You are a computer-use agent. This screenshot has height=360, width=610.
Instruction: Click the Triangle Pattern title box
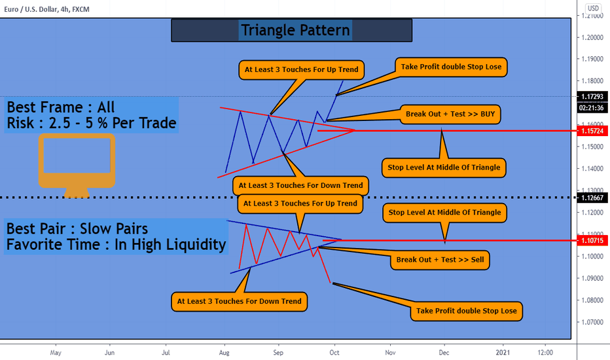[x=292, y=30]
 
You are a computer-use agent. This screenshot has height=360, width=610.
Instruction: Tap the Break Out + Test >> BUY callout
[x=450, y=115]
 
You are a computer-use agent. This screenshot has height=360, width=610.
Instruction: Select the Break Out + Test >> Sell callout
[x=440, y=260]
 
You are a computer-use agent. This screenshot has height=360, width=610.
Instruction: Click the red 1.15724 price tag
[x=592, y=131]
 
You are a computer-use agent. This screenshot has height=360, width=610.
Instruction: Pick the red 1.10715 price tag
[x=592, y=240]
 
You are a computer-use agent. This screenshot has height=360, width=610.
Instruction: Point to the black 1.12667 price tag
[x=592, y=198]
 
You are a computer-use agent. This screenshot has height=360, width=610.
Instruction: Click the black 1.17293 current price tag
[x=592, y=96]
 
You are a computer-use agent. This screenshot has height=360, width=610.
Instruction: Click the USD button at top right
[x=593, y=8]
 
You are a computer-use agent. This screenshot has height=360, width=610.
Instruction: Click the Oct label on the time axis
[x=334, y=353]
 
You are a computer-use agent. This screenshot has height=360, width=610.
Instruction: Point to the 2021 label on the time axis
[x=503, y=353]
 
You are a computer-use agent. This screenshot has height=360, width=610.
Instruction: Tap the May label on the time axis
[x=56, y=353]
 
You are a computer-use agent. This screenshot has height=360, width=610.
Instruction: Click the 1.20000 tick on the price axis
[x=592, y=37]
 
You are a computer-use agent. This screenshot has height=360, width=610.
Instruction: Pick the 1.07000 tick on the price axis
[x=592, y=322]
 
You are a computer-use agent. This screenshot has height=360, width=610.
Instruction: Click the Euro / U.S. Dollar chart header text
[x=46, y=9]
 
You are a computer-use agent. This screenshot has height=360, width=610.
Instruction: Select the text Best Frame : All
[x=61, y=107]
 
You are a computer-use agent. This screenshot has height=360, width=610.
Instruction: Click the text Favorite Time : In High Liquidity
[x=116, y=245]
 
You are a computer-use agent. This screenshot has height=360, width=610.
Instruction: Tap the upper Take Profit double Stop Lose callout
[x=451, y=67]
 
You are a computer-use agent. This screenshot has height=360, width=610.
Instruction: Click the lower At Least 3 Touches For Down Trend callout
[x=240, y=301]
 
